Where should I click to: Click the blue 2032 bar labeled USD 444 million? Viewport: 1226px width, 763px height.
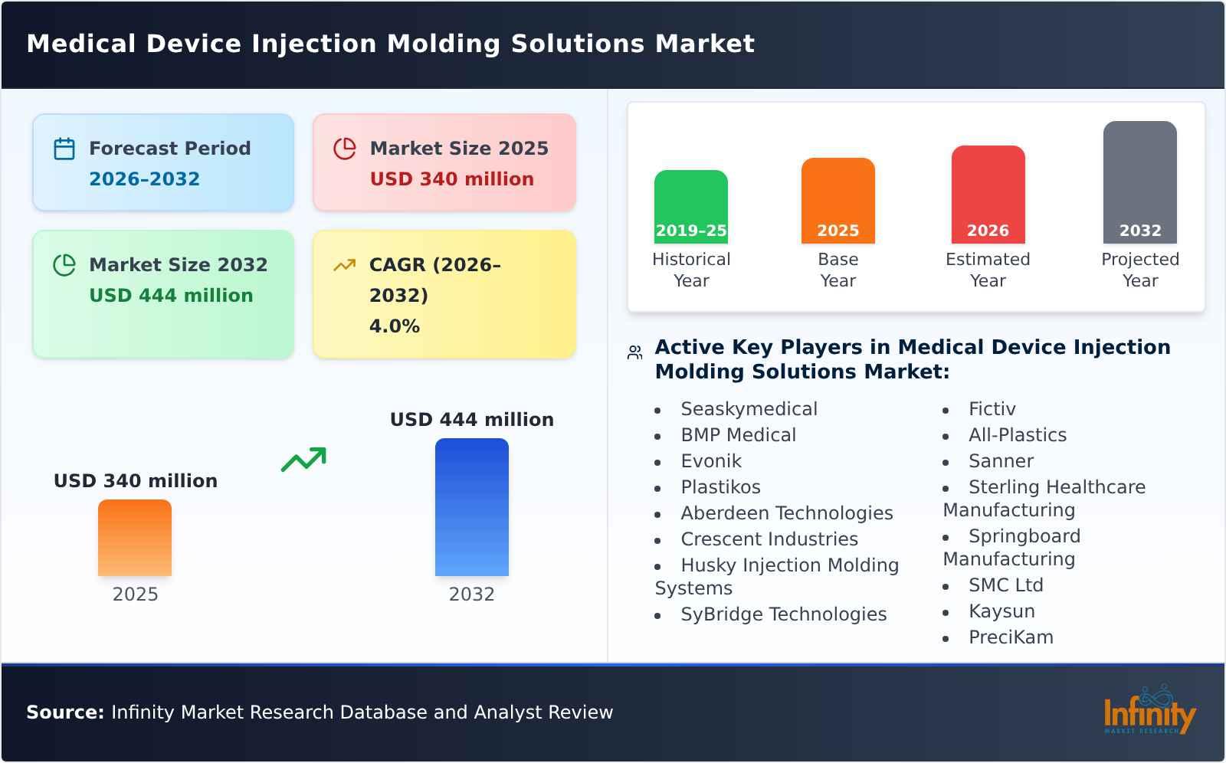point(471,506)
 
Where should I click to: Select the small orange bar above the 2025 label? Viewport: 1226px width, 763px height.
point(135,537)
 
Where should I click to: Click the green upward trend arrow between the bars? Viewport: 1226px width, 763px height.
point(303,460)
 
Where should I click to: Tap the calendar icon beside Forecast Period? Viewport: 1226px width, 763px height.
point(64,149)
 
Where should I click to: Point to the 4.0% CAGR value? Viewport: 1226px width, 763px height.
point(394,326)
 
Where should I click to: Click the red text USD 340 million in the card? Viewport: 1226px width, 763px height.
point(451,179)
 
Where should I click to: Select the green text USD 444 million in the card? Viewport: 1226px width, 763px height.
point(171,296)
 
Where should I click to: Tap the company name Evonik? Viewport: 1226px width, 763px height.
point(710,461)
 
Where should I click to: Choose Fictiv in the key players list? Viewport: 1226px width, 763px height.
point(992,409)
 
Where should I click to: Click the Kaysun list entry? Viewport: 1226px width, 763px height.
point(1001,611)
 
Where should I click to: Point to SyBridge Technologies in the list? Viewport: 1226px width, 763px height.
point(783,614)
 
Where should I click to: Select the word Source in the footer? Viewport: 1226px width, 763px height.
point(64,712)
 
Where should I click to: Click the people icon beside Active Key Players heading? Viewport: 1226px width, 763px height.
point(634,352)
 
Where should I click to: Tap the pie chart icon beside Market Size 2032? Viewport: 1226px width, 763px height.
point(64,265)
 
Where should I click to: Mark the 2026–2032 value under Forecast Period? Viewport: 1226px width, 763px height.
point(144,179)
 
